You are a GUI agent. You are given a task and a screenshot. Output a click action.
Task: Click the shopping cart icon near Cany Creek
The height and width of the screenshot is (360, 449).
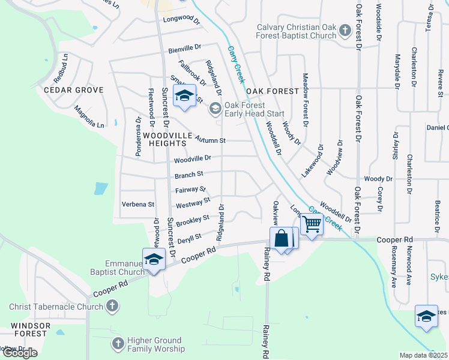click(x=312, y=224)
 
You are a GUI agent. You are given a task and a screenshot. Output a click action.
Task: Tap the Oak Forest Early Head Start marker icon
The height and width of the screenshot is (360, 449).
click(x=215, y=109)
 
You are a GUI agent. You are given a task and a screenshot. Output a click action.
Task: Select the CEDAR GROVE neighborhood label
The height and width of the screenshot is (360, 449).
click(x=73, y=90)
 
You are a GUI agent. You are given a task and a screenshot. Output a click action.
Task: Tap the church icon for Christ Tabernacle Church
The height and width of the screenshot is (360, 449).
click(x=112, y=307)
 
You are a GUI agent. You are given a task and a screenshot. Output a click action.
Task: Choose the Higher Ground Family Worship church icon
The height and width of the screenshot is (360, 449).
click(x=118, y=344)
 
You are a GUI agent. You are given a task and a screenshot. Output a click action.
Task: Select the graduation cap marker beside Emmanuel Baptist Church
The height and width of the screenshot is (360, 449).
click(x=154, y=259)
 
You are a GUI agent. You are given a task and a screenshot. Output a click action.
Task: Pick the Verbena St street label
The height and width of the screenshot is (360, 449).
click(x=138, y=204)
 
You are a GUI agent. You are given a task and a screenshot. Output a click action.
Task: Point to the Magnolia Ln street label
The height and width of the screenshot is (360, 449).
click(x=89, y=117)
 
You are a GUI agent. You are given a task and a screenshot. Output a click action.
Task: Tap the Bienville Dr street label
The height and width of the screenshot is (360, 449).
click(x=185, y=46)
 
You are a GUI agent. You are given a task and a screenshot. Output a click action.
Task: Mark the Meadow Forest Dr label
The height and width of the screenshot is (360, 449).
click(x=305, y=100)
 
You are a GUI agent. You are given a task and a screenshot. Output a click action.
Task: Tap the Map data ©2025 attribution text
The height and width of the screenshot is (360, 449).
click(x=423, y=355)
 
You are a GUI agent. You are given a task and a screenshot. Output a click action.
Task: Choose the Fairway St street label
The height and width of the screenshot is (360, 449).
click(x=190, y=190)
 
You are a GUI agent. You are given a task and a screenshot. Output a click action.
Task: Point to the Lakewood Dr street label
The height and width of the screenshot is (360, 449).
click(x=312, y=160)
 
